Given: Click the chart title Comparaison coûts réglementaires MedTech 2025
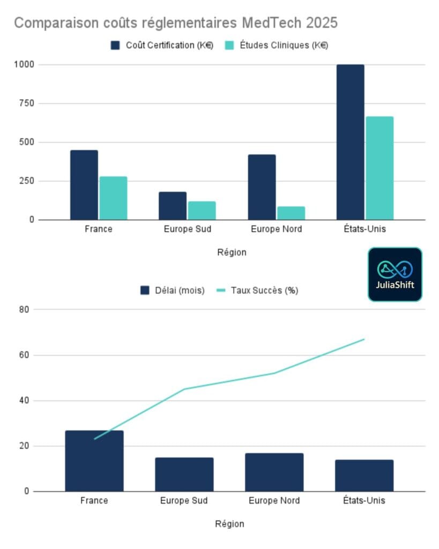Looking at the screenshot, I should coord(175,23).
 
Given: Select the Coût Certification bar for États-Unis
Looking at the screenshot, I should coord(350,142).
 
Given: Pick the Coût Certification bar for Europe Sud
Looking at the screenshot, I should coord(173,206).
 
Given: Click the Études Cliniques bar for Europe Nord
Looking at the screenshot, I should coord(291,213).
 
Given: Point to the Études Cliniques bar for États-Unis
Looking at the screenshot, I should coord(380,168).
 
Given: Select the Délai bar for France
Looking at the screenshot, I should coord(94,461).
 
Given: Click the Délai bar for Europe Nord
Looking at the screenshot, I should coord(274,472).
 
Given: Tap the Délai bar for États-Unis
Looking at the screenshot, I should coord(364,476).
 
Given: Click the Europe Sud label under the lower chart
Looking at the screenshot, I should coord(184,501).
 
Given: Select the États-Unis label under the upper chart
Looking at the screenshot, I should coord(364,229).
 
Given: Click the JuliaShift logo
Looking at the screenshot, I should coord(395,274).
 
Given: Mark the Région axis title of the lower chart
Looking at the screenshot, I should coord(229,524).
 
